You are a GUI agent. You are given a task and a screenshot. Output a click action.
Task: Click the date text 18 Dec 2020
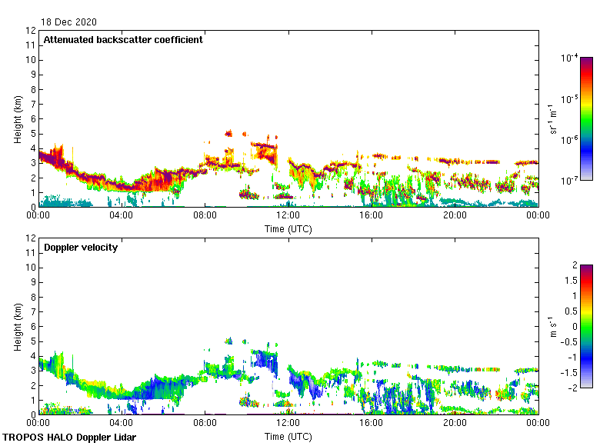pyautogui.click(x=69, y=22)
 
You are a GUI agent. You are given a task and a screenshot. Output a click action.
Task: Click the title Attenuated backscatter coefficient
pyautogui.click(x=123, y=39)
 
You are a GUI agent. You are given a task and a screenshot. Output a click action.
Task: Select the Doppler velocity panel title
pyautogui.click(x=81, y=247)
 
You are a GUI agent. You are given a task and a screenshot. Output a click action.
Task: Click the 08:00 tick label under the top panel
pyautogui.click(x=205, y=216)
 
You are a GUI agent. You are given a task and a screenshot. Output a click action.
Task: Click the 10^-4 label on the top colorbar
pyautogui.click(x=570, y=58)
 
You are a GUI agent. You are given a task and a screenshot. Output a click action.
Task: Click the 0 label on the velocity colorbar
pyautogui.click(x=572, y=326)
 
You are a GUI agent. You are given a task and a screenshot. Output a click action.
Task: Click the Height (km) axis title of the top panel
pyautogui.click(x=18, y=119)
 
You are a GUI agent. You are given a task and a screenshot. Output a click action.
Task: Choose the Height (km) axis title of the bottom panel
pyautogui.click(x=18, y=327)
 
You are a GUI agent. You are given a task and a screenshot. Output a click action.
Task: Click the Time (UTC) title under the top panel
pyautogui.click(x=288, y=228)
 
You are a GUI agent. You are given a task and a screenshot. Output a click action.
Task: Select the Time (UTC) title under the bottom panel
pyautogui.click(x=288, y=436)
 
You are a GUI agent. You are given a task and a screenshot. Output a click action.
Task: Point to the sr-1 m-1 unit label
pyautogui.click(x=553, y=119)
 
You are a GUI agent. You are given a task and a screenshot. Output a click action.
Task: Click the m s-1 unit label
pyautogui.click(x=553, y=326)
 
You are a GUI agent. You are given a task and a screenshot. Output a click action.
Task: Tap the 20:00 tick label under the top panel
pyautogui.click(x=455, y=216)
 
